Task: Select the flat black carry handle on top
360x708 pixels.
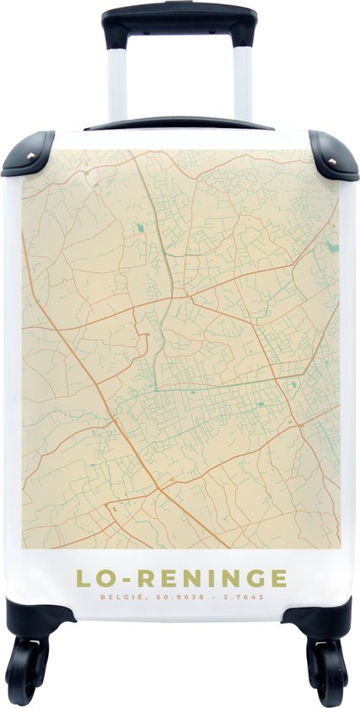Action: pos(179,124)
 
